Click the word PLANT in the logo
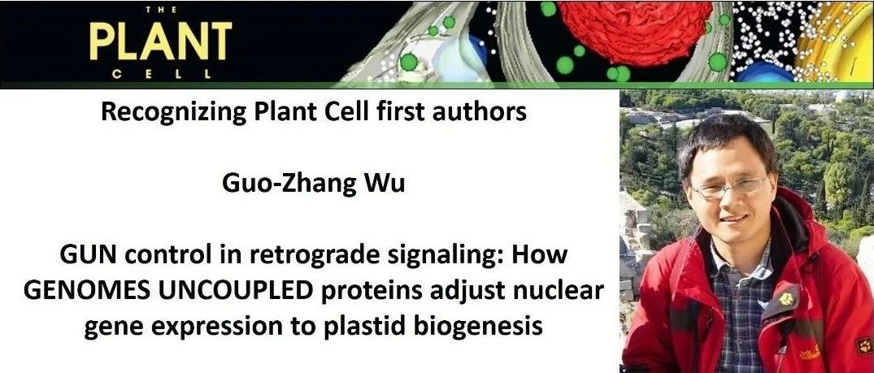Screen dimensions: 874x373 pyautogui.click(x=160, y=41)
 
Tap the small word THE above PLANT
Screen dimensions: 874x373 pyautogui.click(x=161, y=10)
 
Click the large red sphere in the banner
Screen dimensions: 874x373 pyautogui.click(x=636, y=31)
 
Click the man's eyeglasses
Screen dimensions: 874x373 pyautogui.click(x=729, y=187)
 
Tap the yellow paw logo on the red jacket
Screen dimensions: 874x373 pyautogui.click(x=786, y=299)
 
